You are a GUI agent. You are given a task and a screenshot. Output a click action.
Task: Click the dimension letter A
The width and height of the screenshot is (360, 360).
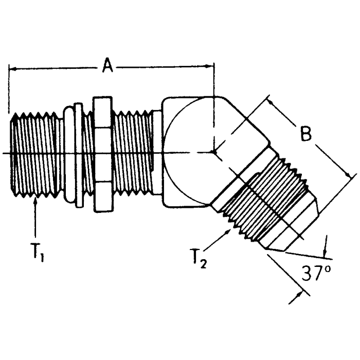click(x=107, y=66)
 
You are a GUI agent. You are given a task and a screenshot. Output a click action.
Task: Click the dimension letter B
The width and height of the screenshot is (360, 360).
click(x=306, y=135)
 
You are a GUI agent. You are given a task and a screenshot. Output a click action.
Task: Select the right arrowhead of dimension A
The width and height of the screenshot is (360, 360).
click(x=210, y=66)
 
